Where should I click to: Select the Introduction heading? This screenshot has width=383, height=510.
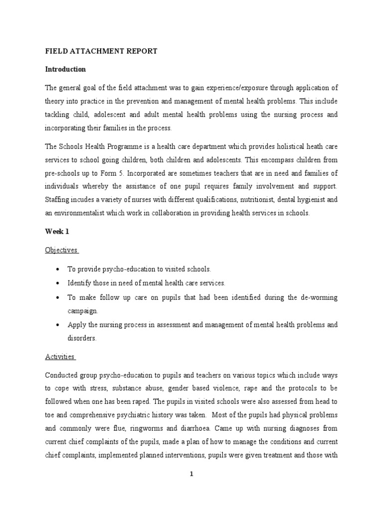click(65, 69)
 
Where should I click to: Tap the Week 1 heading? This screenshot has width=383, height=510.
click(57, 232)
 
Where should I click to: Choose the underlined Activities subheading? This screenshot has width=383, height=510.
click(60, 357)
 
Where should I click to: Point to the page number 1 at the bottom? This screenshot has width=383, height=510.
click(191, 474)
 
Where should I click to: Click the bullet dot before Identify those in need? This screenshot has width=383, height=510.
click(59, 283)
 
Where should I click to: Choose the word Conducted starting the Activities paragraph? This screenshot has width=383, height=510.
click(62, 375)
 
